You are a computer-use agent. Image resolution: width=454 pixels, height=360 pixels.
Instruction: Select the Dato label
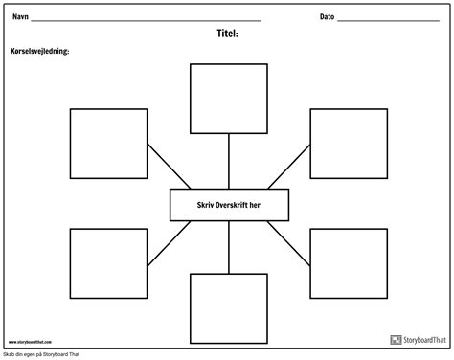(x=327, y=17)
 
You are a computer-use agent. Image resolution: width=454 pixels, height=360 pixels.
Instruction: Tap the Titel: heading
(x=227, y=33)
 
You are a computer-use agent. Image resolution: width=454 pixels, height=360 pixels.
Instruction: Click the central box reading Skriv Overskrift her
(x=227, y=204)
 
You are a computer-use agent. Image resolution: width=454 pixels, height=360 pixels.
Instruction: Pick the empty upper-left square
(x=107, y=144)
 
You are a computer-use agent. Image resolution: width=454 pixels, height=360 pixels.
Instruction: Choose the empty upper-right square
(x=346, y=144)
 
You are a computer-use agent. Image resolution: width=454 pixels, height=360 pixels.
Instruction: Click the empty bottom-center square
(x=227, y=308)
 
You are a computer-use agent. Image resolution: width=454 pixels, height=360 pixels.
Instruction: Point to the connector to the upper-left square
(x=164, y=167)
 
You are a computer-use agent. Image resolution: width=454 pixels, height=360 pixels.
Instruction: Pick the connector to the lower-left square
(x=164, y=240)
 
